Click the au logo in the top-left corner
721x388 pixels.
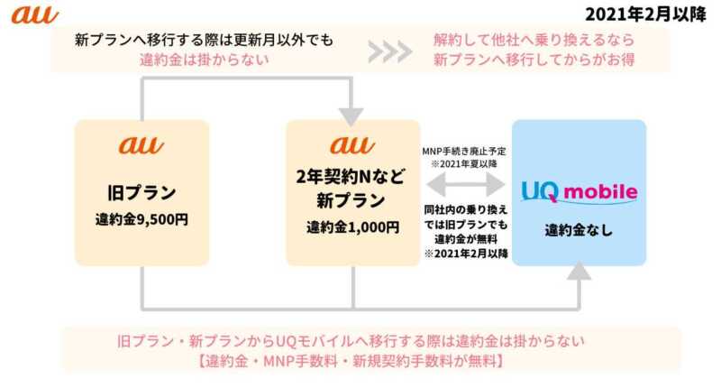tap(34, 14)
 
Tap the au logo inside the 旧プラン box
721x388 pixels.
tap(141, 145)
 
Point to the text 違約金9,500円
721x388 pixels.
tap(141, 219)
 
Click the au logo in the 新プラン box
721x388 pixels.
tap(351, 144)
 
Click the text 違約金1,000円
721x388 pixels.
tap(351, 226)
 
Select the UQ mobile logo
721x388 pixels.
tap(580, 191)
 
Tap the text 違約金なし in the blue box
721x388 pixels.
tap(579, 230)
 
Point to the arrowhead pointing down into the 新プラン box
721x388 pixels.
tap(351, 115)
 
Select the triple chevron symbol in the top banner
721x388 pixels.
tap(391, 51)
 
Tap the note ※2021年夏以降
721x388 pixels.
tap(464, 162)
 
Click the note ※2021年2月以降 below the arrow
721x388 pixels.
tap(465, 254)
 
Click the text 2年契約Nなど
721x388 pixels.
tap(351, 178)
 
